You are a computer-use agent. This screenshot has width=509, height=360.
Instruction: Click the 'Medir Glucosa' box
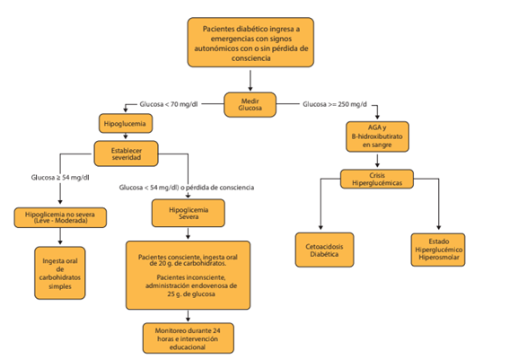pos(250,104)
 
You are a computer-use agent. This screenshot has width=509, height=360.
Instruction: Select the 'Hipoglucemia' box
pos(126,123)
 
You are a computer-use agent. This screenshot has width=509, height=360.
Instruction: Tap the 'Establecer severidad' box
pos(127,154)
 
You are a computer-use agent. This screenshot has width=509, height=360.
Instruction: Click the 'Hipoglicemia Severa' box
pos(189,213)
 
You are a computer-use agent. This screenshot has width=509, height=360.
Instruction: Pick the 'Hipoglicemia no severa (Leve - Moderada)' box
pos(60,217)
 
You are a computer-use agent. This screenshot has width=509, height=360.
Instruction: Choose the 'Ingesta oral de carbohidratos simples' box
pos(60,273)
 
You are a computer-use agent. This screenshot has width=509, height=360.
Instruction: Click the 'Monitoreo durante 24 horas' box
pos(189,338)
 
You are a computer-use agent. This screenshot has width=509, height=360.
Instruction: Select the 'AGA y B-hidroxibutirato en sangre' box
pos(377,136)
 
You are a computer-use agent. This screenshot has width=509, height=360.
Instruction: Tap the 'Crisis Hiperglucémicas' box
pos(377,179)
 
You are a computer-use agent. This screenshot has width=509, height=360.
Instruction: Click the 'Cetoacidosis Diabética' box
pos(324,250)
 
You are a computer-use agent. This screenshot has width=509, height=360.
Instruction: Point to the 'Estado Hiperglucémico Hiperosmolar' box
pos(438,250)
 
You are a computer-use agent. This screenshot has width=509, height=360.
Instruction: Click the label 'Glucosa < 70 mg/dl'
pos(169,104)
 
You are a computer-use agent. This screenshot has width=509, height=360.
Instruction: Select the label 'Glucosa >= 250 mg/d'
pos(335,104)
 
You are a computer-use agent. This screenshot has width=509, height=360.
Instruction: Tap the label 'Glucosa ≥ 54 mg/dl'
pos(60,178)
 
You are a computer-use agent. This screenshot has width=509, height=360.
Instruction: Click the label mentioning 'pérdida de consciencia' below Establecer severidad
pos(187,188)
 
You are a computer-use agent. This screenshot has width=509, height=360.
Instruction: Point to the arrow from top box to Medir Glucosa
pos(250,81)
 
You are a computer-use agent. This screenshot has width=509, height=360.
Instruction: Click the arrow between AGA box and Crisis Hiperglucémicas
pos(377,161)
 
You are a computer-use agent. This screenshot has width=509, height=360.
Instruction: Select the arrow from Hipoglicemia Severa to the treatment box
pos(188,233)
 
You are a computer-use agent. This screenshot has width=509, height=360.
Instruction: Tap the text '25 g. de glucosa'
pos(191,294)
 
